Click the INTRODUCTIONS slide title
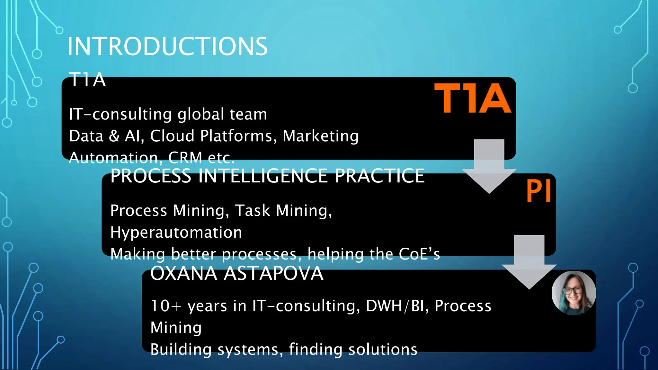point(167,47)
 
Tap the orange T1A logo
point(472,98)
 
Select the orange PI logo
point(539,191)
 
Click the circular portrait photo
point(574,293)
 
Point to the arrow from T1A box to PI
point(489,165)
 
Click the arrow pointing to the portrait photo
point(529,262)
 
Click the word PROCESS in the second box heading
point(151,176)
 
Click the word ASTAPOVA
point(273,274)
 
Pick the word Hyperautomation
point(176,233)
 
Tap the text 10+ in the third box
point(166,306)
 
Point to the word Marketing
point(321,136)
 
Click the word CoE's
point(419,254)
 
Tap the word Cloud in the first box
point(172,136)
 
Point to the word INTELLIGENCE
point(263,176)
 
